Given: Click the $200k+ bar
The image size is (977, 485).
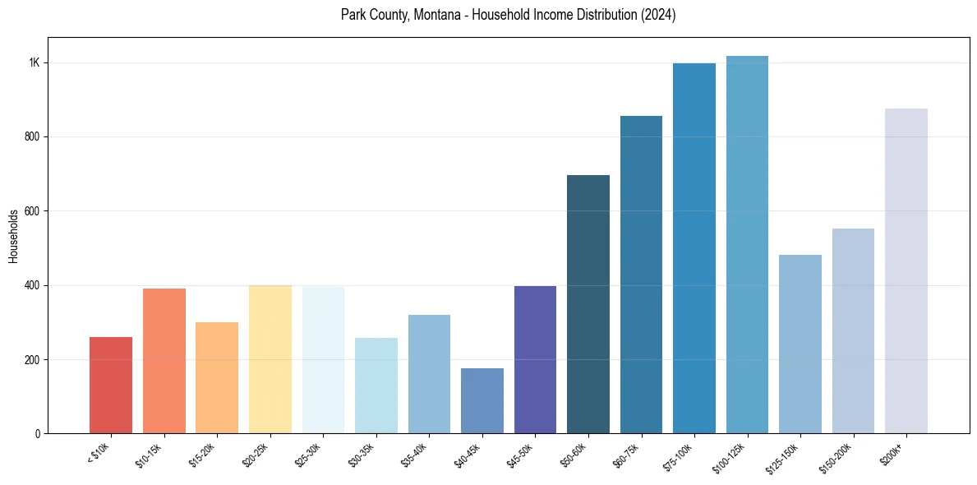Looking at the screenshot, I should [x=906, y=270].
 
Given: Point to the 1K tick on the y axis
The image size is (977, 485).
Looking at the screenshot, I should [x=35, y=63].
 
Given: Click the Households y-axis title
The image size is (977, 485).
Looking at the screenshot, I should [x=13, y=236].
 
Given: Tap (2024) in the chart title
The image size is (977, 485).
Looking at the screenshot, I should [x=659, y=16].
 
